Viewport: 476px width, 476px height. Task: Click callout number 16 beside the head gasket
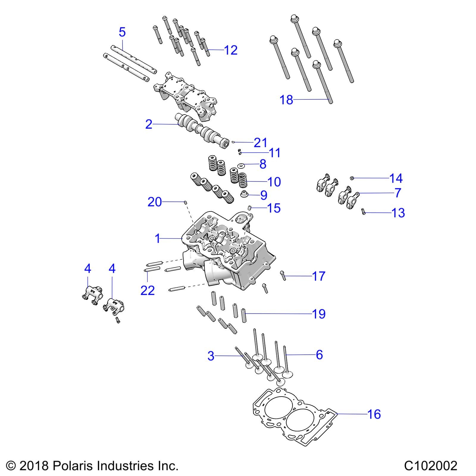click(374, 414)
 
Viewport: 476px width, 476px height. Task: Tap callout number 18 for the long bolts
click(286, 100)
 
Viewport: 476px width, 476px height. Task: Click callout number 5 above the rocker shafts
click(122, 32)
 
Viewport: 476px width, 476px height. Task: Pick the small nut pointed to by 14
click(352, 178)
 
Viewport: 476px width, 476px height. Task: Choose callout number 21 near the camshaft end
click(260, 143)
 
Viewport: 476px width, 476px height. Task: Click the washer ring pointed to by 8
click(241, 165)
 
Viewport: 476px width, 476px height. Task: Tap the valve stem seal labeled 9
click(244, 194)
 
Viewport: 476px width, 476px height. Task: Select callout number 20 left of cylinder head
click(155, 202)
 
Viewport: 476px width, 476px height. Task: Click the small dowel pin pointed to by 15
click(250, 207)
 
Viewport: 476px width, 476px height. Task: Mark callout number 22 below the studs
click(148, 290)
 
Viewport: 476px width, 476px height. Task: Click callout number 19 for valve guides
click(318, 314)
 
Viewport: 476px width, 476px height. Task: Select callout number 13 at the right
click(398, 213)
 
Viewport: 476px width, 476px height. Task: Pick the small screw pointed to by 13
click(364, 212)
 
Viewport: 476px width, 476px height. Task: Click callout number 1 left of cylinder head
click(158, 238)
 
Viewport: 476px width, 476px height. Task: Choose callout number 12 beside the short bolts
click(231, 50)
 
